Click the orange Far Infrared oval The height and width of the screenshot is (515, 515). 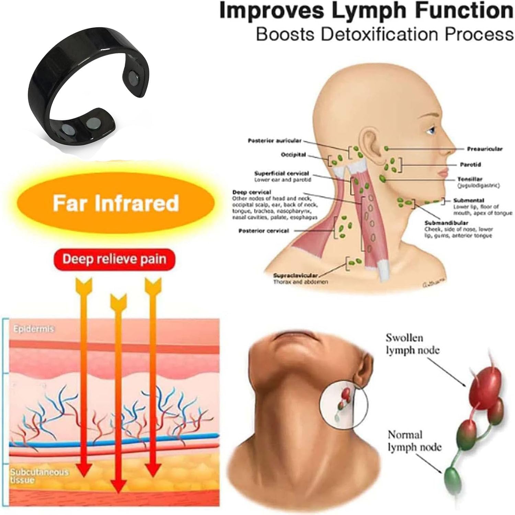point(116,203)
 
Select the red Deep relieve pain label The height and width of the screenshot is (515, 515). point(114,259)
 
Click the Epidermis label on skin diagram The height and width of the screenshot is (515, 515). point(34,329)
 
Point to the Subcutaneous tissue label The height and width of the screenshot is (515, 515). point(39,476)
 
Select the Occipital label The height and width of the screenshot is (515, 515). point(293,154)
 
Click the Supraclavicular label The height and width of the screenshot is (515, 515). point(296,275)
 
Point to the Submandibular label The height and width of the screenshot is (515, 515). point(446,223)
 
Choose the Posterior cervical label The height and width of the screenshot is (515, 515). point(264,231)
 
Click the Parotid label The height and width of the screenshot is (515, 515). point(470,164)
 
